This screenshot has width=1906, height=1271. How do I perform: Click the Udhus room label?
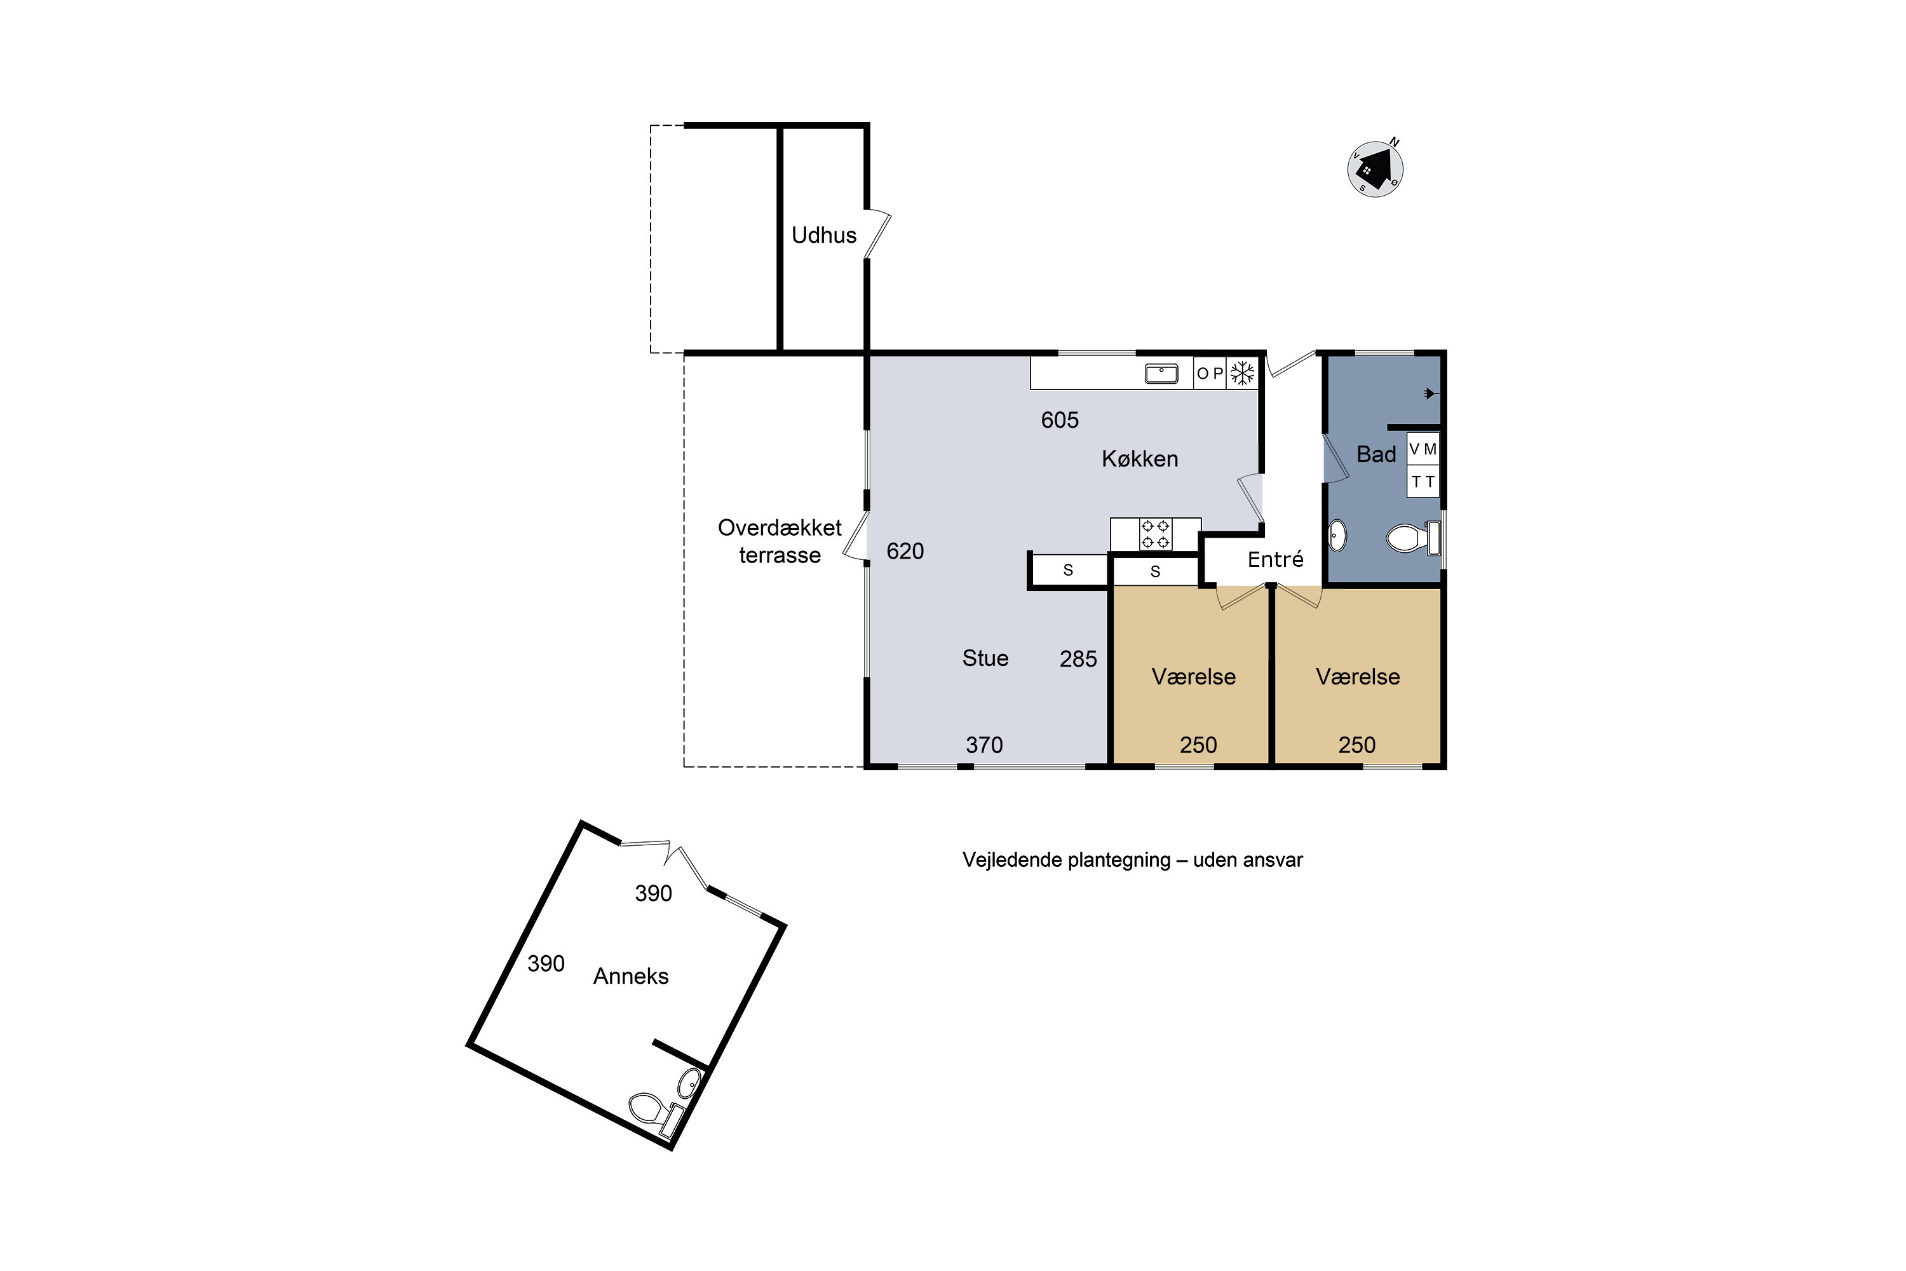pyautogui.click(x=823, y=235)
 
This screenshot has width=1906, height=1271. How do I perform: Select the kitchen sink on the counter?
pyautogui.click(x=1161, y=374)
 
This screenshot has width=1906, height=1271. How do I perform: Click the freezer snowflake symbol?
pyautogui.click(x=1242, y=373)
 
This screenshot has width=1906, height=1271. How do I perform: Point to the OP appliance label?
pyautogui.click(x=1210, y=374)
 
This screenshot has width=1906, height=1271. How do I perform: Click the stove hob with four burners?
pyautogui.click(x=1155, y=534)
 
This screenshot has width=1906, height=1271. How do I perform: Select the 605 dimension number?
pyautogui.click(x=1060, y=420)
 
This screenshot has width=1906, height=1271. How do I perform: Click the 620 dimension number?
pyautogui.click(x=905, y=551)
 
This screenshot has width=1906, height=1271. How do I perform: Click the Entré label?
pyautogui.click(x=1276, y=559)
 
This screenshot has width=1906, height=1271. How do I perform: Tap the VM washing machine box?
pyautogui.click(x=1423, y=448)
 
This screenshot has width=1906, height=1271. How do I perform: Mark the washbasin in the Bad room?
pyautogui.click(x=1338, y=536)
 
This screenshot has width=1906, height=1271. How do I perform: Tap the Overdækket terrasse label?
pyautogui.click(x=780, y=541)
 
